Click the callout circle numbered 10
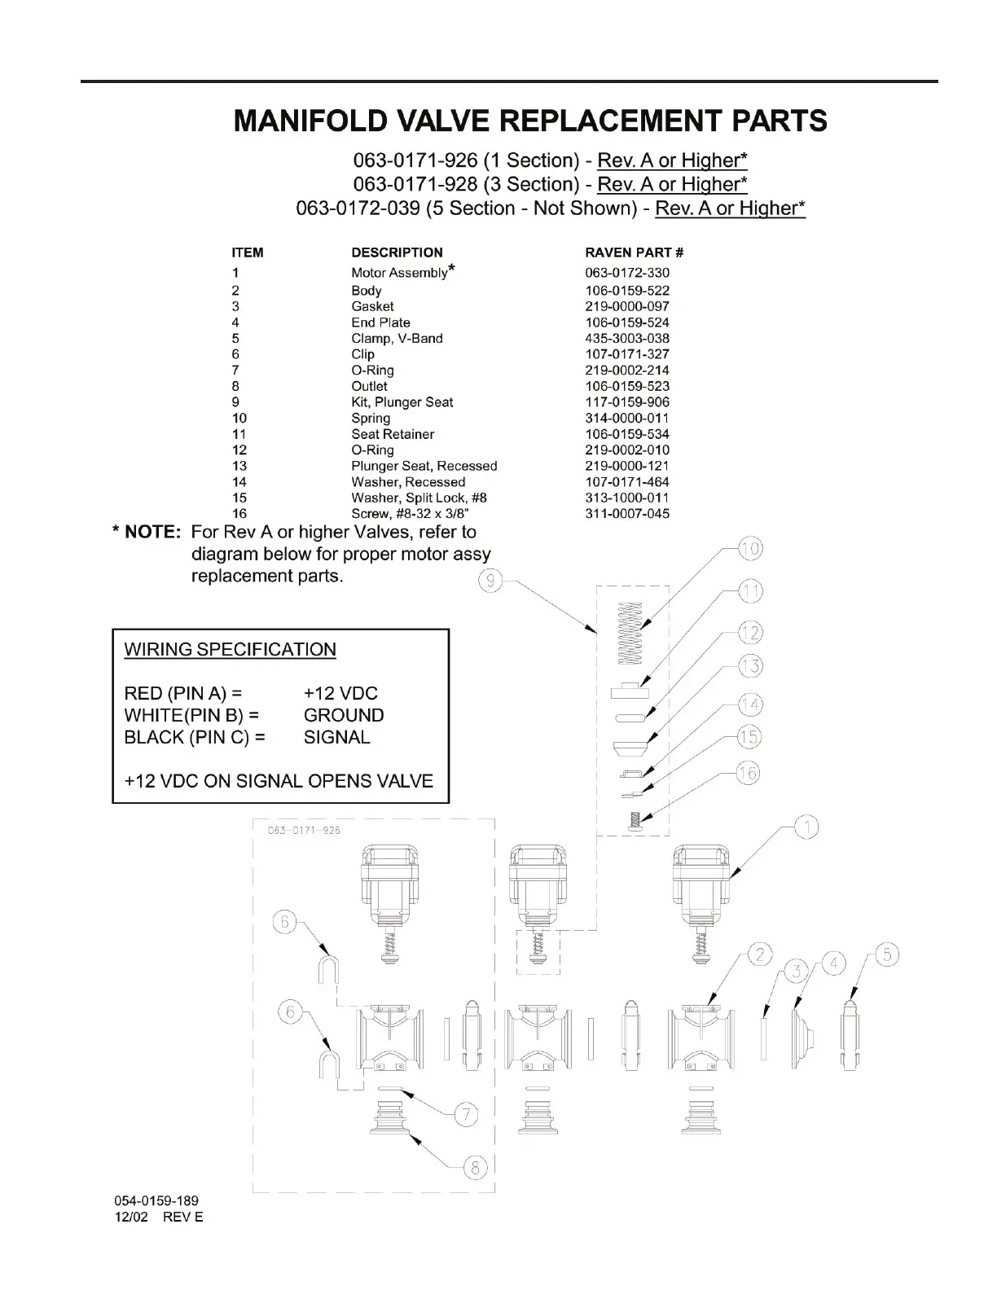(750, 549)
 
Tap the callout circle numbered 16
(747, 772)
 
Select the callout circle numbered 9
(490, 581)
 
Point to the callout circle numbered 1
(806, 828)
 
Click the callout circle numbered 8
(475, 1168)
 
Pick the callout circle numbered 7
(465, 1114)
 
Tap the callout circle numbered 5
(886, 954)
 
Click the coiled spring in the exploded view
(630, 633)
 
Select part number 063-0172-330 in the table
(627, 273)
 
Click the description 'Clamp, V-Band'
(397, 338)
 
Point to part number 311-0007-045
(627, 514)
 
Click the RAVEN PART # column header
(634, 252)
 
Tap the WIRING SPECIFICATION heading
(230, 650)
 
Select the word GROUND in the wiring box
(344, 715)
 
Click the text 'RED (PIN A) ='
(183, 693)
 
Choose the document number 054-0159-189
(156, 1200)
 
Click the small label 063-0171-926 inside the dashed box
(304, 831)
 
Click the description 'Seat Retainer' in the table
(393, 434)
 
